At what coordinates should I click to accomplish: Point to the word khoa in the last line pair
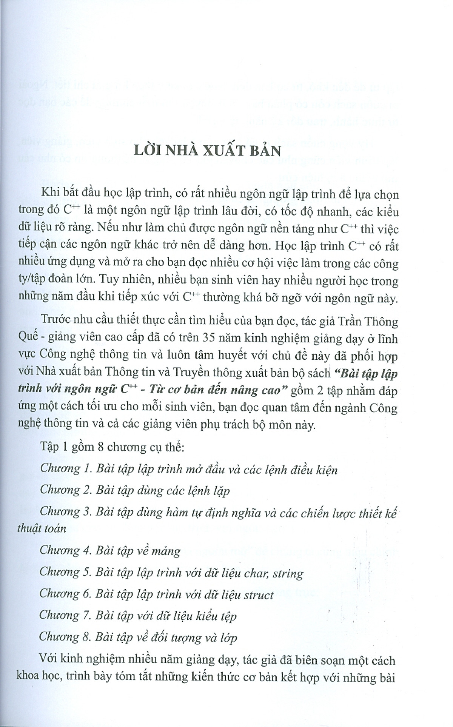[29, 678]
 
